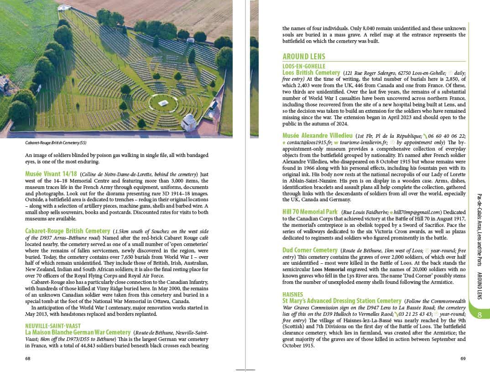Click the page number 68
coord(28,358)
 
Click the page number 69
coord(463,358)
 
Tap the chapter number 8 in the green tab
coord(480,315)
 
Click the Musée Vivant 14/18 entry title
coord(51,174)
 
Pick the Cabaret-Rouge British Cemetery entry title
coord(68,231)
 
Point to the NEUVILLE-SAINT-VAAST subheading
coord(53,326)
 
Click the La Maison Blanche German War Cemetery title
coord(78,332)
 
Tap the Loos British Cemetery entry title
coord(311,73)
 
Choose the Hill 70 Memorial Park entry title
coord(310,212)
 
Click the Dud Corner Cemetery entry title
coord(310,250)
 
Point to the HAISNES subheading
coord(292,294)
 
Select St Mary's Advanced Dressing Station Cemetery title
coord(342,301)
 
